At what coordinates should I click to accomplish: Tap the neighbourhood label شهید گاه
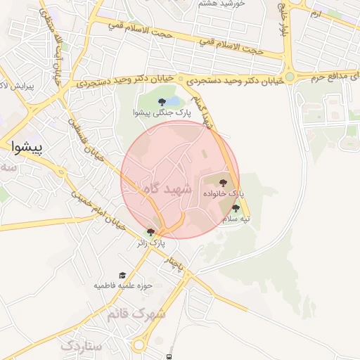click(x=167, y=188)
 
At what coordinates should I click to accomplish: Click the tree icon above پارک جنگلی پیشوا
click(x=162, y=102)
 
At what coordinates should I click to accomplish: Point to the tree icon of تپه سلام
click(x=235, y=208)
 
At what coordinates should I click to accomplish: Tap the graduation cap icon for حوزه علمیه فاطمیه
click(x=122, y=276)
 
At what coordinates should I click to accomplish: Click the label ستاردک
click(x=82, y=346)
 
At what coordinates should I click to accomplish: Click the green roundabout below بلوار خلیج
click(x=289, y=77)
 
